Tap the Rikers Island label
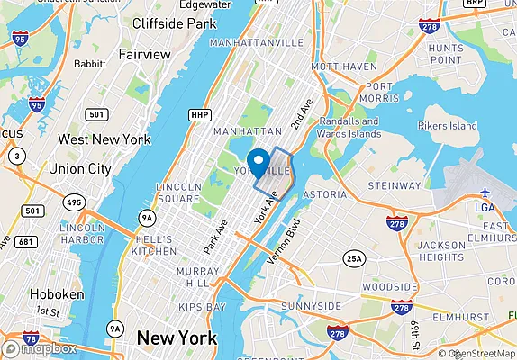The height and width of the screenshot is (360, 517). click(448, 126)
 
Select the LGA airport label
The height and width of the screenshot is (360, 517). click(485, 208)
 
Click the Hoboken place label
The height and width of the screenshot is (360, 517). click(57, 294)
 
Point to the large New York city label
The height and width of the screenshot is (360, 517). click(177, 338)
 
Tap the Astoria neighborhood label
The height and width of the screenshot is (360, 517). click(324, 193)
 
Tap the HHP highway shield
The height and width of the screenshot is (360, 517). click(199, 114)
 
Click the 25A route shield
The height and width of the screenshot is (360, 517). click(355, 260)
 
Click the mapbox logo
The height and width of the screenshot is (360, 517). click(41, 348)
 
